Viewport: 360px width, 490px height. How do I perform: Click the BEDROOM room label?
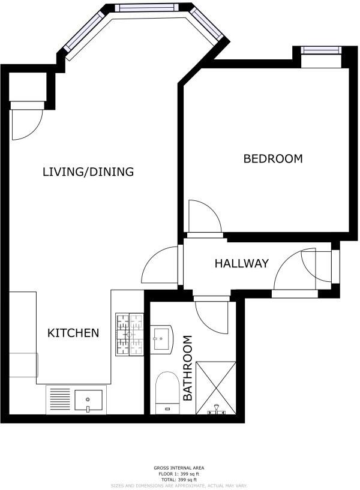[272, 159]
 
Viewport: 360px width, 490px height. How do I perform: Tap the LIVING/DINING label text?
[88, 172]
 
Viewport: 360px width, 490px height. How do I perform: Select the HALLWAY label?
[242, 263]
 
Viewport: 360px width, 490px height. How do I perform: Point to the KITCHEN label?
[73, 332]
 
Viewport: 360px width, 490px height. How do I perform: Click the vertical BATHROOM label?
[188, 368]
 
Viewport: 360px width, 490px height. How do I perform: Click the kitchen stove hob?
[130, 334]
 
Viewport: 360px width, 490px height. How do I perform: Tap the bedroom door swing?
[202, 216]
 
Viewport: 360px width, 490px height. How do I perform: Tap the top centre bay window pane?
[147, 8]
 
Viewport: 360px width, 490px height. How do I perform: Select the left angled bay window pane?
[83, 34]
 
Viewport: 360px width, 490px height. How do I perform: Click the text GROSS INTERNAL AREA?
[179, 468]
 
